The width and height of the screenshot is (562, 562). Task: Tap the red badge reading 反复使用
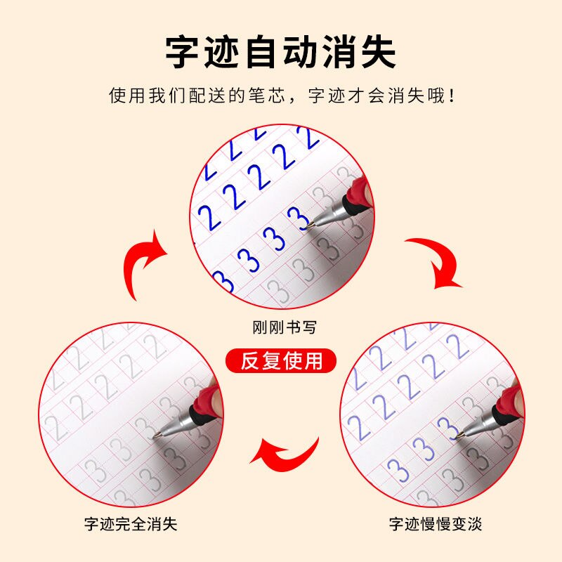[281, 360]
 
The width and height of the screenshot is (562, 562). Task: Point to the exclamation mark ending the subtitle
[450, 95]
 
